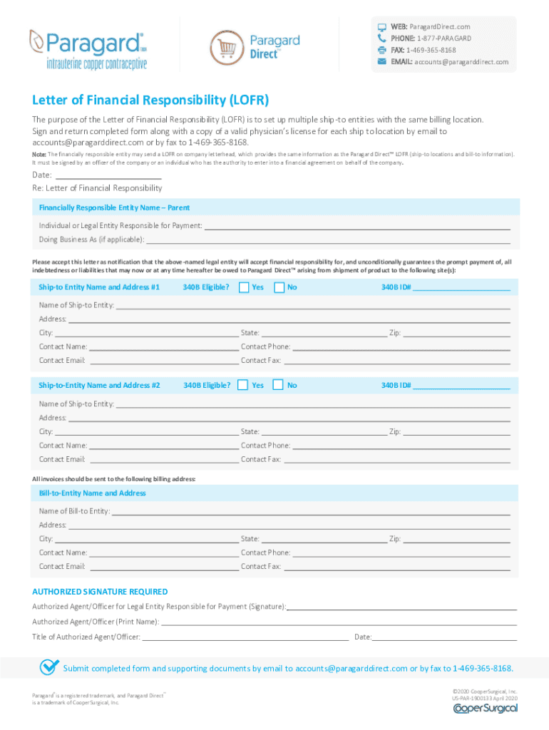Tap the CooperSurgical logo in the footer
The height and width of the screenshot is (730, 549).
tap(485, 708)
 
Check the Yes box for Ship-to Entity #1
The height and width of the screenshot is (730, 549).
tap(244, 287)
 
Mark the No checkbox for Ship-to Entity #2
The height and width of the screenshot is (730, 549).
tap(278, 385)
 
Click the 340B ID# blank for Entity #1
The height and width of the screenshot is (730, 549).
tap(461, 288)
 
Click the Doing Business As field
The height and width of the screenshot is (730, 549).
tap(328, 240)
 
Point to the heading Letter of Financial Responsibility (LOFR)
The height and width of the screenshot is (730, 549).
tap(150, 100)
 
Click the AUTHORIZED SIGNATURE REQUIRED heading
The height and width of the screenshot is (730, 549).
tap(100, 592)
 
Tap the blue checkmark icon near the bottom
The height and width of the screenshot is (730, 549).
tap(49, 667)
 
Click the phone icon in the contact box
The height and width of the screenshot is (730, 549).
tap(381, 38)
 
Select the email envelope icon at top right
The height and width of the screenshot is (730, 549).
tap(381, 62)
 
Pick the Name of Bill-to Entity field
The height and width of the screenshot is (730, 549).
tap(311, 511)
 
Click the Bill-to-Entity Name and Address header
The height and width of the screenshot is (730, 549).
tap(92, 493)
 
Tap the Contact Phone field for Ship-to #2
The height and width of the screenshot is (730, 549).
tap(401, 446)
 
